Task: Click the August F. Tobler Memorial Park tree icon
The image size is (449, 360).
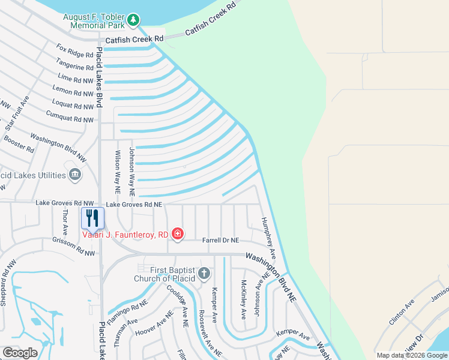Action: (x=133, y=22)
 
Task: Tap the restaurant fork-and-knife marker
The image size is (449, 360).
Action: (x=92, y=218)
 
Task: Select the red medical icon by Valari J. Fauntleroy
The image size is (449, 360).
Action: (x=177, y=234)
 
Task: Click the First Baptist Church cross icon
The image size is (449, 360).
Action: (x=204, y=274)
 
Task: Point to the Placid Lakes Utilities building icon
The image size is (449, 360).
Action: (x=75, y=175)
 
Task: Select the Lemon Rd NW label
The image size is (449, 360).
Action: (x=73, y=92)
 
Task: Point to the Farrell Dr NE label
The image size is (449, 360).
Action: (x=220, y=240)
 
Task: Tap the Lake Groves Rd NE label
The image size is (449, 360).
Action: (x=134, y=205)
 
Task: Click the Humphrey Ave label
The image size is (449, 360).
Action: (x=268, y=235)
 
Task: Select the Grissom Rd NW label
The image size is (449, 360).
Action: (x=73, y=249)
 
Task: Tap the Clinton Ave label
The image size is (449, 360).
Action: (x=402, y=312)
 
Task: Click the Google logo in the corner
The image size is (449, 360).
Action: (x=20, y=353)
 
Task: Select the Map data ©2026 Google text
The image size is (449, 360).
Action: (x=412, y=355)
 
